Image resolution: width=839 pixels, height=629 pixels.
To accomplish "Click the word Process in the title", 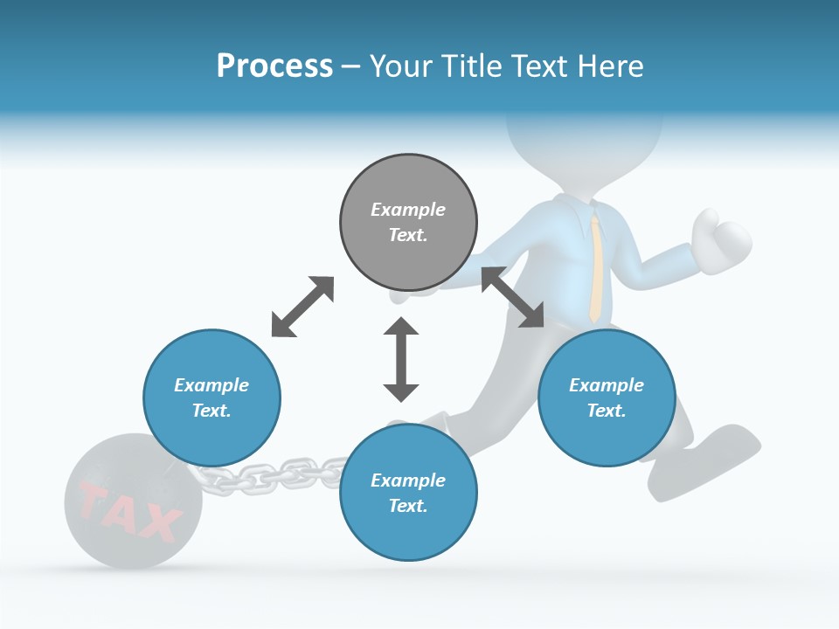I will coord(274,66).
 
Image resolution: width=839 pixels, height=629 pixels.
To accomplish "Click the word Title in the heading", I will coord(468,66).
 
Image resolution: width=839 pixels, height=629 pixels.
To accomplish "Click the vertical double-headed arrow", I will coord(401,359).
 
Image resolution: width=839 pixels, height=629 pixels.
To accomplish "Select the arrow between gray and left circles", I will coord(302,307).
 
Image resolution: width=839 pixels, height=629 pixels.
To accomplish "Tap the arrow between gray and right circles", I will coord(513,297).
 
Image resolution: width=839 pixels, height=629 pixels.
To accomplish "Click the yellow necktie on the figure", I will coord(594,266).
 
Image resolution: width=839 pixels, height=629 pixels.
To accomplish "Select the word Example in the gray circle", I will coord(408,210).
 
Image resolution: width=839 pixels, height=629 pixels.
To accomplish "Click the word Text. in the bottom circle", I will coord(408,506).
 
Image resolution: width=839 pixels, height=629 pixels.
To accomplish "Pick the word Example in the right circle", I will coord(607,385).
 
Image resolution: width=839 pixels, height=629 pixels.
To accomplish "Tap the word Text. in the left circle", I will coord(211,411).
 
